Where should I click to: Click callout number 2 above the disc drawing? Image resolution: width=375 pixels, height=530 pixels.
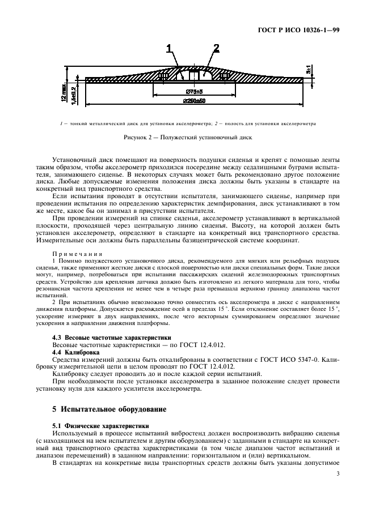[216, 48]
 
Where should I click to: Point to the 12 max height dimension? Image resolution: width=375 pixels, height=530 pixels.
[66, 89]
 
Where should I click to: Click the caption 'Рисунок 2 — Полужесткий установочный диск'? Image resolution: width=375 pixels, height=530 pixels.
[187, 137]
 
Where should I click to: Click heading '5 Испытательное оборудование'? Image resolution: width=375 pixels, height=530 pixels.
[100, 408]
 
